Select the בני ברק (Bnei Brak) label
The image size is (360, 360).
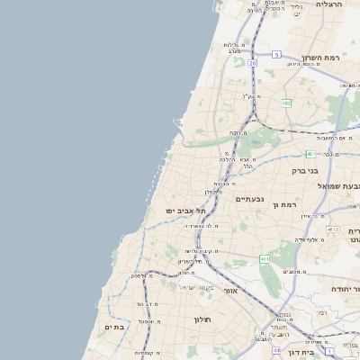click(306, 169)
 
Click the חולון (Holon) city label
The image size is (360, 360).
click(202, 319)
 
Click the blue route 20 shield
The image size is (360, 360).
click(253, 64)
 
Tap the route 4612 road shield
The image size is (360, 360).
click(334, 230)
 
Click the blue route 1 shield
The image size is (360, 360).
click(330, 350)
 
